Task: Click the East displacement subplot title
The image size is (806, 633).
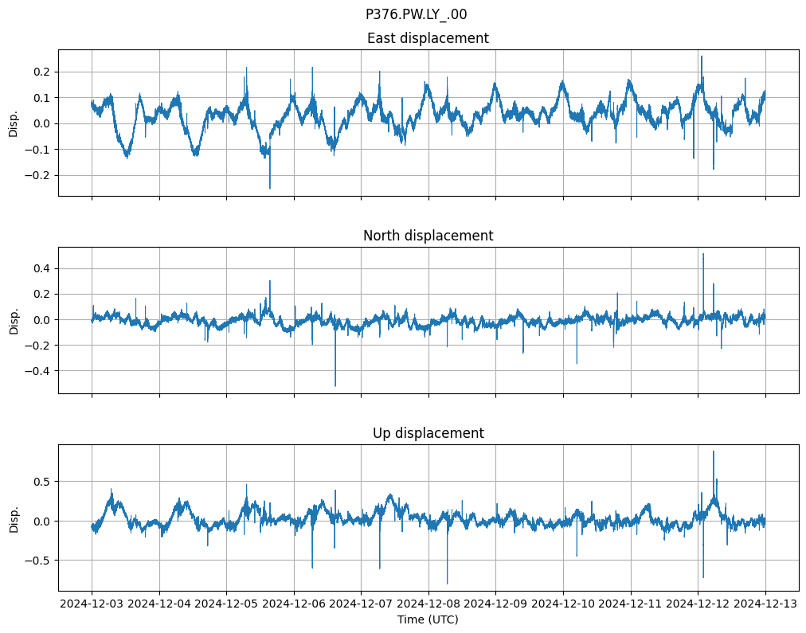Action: click(x=428, y=38)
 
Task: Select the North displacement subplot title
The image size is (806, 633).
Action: click(x=428, y=236)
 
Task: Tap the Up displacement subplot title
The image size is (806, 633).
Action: click(x=428, y=433)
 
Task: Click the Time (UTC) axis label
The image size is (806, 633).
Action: click(x=428, y=619)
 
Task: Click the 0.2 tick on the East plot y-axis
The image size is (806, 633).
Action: click(x=41, y=72)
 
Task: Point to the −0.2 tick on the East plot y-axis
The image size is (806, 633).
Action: click(x=38, y=175)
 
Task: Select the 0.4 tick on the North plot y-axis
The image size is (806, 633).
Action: click(x=41, y=268)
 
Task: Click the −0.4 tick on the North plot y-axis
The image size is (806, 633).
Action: click(x=38, y=371)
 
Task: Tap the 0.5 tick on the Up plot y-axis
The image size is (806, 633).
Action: click(x=41, y=481)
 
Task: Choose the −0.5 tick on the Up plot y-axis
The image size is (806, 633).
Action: click(x=38, y=560)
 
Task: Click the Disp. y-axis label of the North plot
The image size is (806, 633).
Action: click(x=14, y=319)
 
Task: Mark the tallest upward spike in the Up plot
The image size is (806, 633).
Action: click(x=713, y=451)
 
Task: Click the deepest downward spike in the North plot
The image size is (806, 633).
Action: click(x=335, y=385)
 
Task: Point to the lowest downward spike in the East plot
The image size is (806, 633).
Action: click(x=270, y=188)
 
